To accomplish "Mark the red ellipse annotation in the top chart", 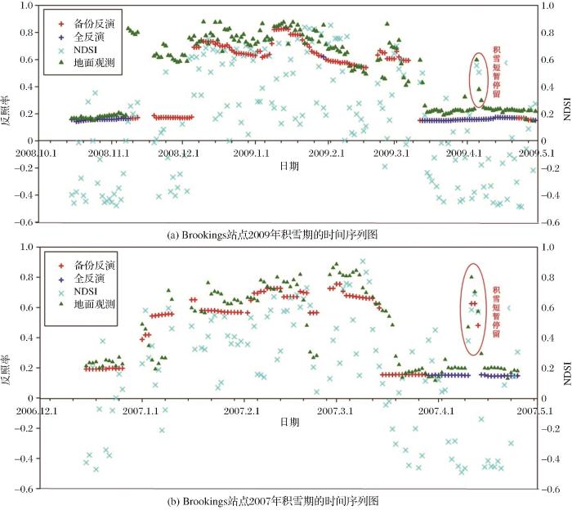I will [x=478, y=78].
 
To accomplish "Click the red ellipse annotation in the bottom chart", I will [x=472, y=309].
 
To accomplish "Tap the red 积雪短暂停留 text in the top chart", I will [x=496, y=70].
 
